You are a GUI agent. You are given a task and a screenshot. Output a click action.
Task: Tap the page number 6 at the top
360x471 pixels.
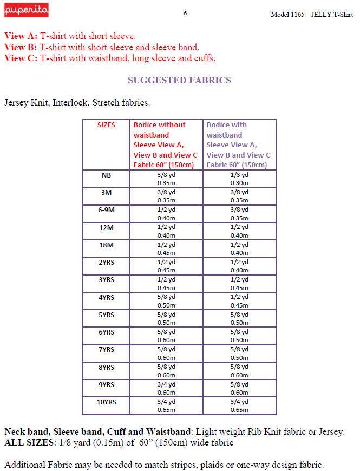(x=185, y=14)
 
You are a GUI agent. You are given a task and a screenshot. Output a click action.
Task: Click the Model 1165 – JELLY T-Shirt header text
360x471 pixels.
(x=311, y=14)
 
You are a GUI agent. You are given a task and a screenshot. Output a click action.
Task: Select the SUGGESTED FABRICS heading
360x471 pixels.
(x=179, y=80)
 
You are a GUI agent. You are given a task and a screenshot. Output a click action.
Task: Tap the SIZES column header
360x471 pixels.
(x=107, y=125)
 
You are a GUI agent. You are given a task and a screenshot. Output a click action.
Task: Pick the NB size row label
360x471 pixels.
(x=107, y=175)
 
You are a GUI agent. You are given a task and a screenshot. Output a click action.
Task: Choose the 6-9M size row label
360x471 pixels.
(x=107, y=210)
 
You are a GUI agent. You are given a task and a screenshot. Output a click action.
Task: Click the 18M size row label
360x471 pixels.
(x=107, y=245)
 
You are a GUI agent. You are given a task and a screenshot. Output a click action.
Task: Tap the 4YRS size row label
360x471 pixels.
(x=107, y=297)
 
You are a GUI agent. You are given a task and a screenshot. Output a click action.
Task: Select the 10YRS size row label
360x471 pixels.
(x=107, y=402)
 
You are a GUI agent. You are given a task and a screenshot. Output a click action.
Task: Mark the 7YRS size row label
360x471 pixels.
(x=107, y=349)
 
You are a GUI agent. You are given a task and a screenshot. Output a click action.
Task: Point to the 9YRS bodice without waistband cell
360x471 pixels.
(x=166, y=388)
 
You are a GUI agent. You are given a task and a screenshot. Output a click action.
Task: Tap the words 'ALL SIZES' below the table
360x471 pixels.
(x=25, y=443)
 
